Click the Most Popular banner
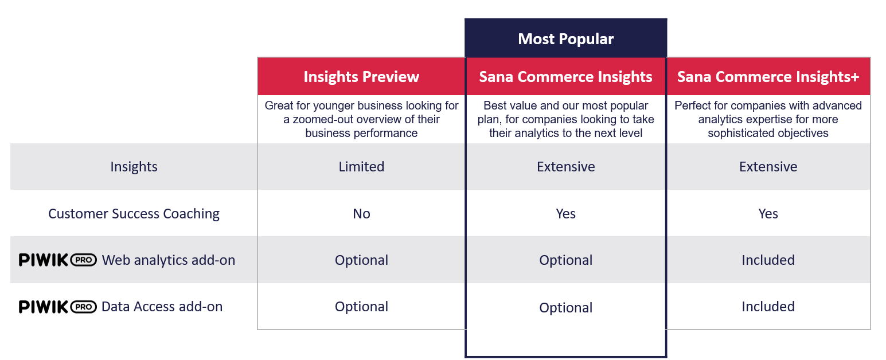pyautogui.click(x=565, y=38)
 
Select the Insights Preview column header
pyautogui.click(x=361, y=76)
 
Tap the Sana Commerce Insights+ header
pyautogui.click(x=768, y=76)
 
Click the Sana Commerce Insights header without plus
pyautogui.click(x=565, y=76)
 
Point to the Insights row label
pyautogui.click(x=134, y=167)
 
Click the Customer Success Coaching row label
pyautogui.click(x=134, y=214)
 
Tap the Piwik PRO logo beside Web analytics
pyautogui.click(x=58, y=260)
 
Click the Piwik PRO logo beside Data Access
pyautogui.click(x=58, y=307)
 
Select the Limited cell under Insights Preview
pyautogui.click(x=361, y=167)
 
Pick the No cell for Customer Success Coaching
pyautogui.click(x=361, y=214)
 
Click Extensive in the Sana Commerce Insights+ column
pyautogui.click(x=768, y=167)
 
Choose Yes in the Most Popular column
pyautogui.click(x=565, y=214)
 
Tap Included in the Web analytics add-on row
pyautogui.click(x=768, y=260)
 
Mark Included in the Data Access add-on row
pyautogui.click(x=768, y=307)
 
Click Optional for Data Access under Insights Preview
pyautogui.click(x=361, y=307)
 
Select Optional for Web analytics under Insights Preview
pyautogui.click(x=361, y=260)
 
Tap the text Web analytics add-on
pyautogui.click(x=169, y=260)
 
